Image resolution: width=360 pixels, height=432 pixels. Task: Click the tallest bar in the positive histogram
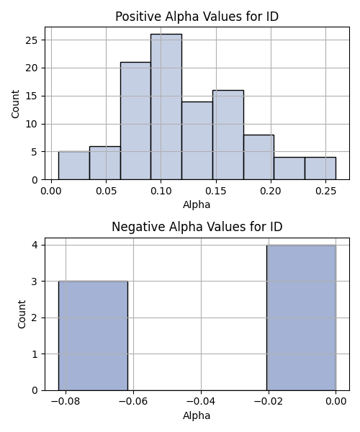click(x=166, y=107)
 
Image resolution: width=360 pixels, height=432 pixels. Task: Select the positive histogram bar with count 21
click(x=135, y=121)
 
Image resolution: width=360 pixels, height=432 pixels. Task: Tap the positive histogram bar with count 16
click(x=228, y=135)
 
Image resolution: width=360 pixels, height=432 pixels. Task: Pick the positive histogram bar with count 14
click(x=197, y=140)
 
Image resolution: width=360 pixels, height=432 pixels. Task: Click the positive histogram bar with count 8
click(x=259, y=157)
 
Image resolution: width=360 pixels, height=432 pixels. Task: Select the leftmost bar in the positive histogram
click(x=74, y=166)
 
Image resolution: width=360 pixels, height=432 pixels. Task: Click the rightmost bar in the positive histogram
click(x=320, y=168)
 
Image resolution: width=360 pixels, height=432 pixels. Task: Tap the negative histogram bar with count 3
click(x=93, y=336)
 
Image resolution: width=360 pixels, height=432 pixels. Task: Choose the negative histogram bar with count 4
click(x=301, y=318)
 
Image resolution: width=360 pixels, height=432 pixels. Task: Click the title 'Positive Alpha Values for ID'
click(x=197, y=17)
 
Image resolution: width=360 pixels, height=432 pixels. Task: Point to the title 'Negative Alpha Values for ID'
click(x=197, y=227)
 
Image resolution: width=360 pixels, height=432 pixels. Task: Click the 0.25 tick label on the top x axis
click(x=326, y=191)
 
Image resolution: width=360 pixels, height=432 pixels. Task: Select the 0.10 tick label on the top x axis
click(x=161, y=191)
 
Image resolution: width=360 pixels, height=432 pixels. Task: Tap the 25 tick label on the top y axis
click(x=31, y=40)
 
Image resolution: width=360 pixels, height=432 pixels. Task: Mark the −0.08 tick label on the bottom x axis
click(x=66, y=402)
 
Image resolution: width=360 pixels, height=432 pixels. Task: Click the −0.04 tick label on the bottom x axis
click(x=201, y=402)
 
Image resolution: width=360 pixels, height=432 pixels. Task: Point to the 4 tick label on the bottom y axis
click(x=35, y=245)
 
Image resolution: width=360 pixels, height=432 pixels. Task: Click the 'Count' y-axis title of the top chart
click(x=15, y=104)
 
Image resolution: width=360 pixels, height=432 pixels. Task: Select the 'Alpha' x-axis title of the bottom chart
click(x=197, y=415)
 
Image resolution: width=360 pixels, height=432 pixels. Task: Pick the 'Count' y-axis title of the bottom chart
click(x=22, y=315)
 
